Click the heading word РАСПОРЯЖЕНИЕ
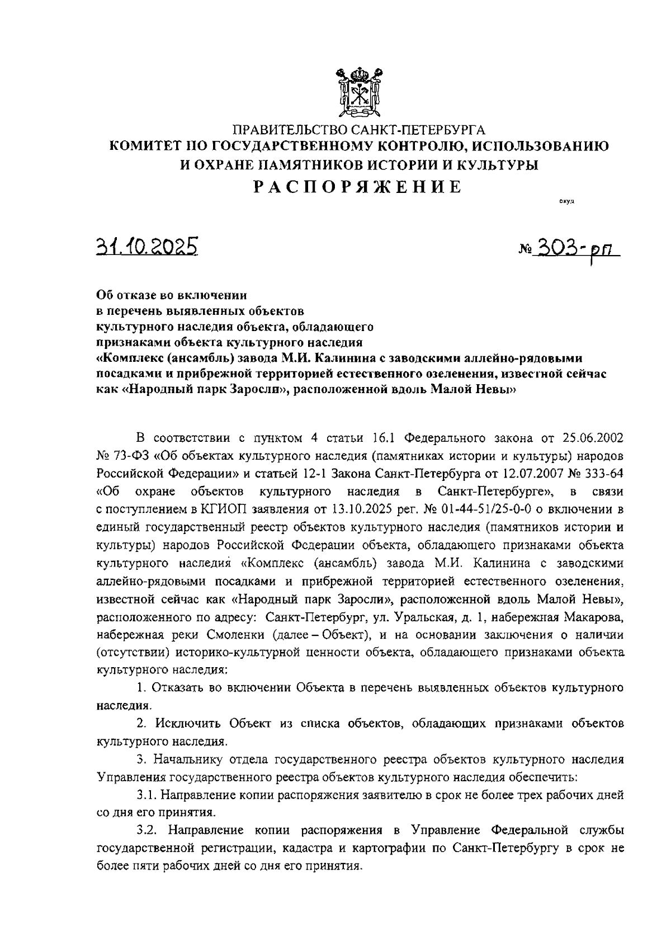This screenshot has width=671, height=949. coord(358,187)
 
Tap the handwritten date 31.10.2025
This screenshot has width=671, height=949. coord(147,246)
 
